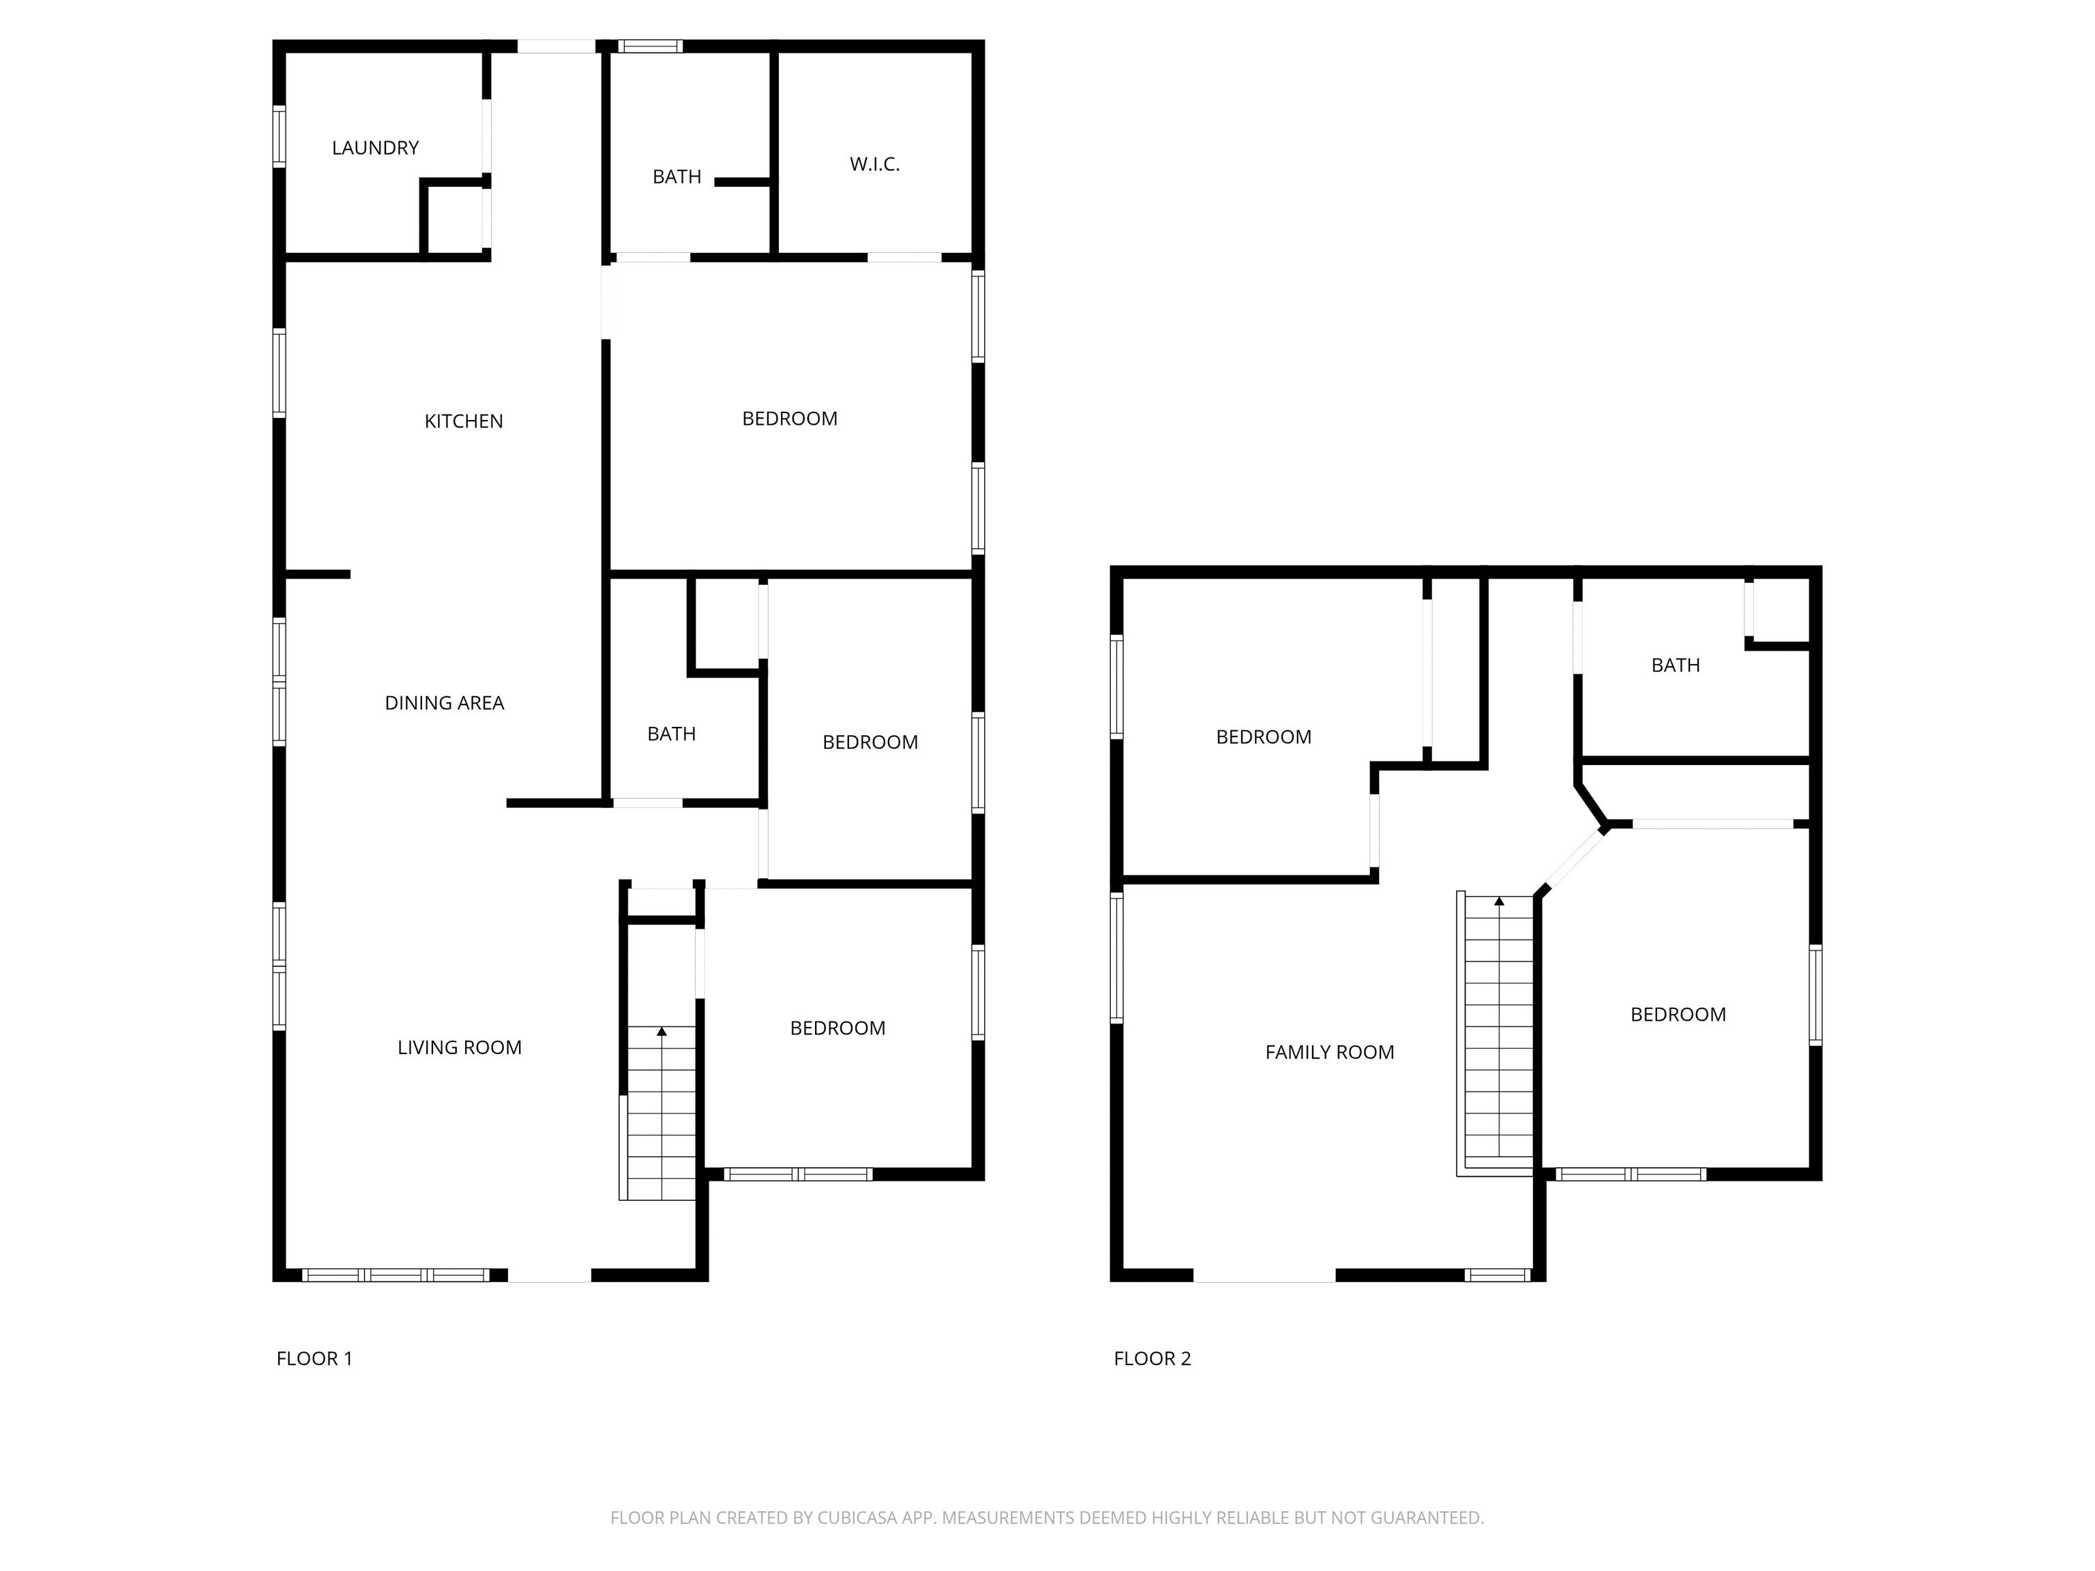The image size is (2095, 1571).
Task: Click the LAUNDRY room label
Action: (x=375, y=148)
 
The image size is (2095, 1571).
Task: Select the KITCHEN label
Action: (x=463, y=421)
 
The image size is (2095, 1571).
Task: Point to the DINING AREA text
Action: (x=444, y=702)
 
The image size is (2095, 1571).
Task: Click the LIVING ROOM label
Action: (x=460, y=1047)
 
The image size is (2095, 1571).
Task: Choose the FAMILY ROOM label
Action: (x=1330, y=1052)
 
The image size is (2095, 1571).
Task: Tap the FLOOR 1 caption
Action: (x=314, y=1359)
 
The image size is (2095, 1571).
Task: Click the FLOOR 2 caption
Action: (x=1153, y=1359)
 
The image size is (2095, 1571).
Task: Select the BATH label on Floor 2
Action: (x=1676, y=665)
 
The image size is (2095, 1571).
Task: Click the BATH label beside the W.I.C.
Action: (x=677, y=177)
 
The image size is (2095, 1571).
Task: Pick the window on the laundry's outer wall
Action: (x=280, y=136)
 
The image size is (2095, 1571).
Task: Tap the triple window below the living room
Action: (x=396, y=1276)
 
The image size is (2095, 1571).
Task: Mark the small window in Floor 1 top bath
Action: (x=651, y=46)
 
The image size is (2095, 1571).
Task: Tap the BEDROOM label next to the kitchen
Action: (x=790, y=419)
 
